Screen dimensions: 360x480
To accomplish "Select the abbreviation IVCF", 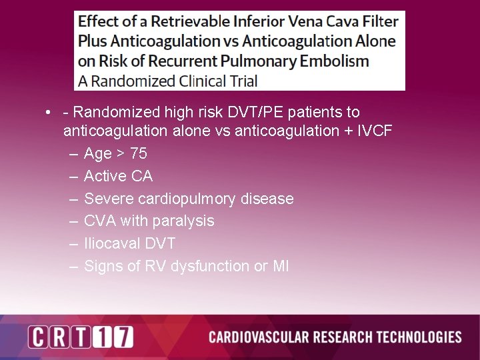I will [x=373, y=131].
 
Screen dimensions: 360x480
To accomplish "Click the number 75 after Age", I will [x=139, y=153].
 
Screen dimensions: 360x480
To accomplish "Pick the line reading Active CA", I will [x=119, y=176].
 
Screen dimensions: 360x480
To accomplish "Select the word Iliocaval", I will [x=111, y=243].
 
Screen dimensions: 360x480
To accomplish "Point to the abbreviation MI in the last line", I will [x=281, y=266].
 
